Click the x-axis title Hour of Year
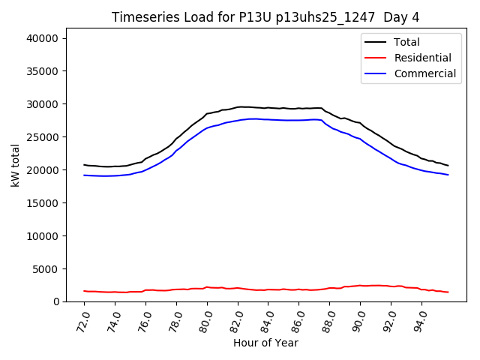pyautogui.click(x=265, y=343)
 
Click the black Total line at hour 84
pyautogui.click(x=268, y=108)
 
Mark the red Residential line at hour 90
pyautogui.click(x=360, y=286)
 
